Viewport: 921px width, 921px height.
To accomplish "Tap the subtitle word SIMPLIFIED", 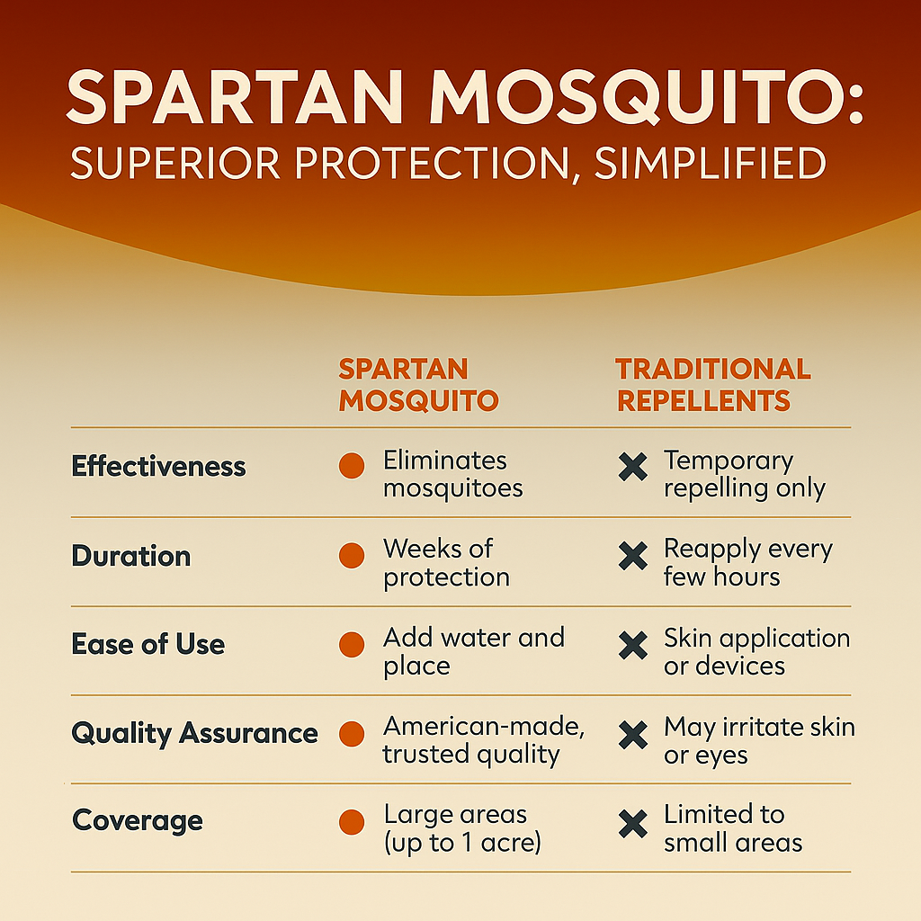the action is click(x=711, y=163).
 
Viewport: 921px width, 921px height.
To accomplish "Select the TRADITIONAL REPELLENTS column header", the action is click(x=713, y=385).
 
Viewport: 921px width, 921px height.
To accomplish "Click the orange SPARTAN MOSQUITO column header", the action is click(x=418, y=385).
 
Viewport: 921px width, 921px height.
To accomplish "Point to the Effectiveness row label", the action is click(x=158, y=467).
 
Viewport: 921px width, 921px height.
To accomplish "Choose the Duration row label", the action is click(x=131, y=556).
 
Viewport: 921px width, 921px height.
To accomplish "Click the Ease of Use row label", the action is click(x=148, y=644).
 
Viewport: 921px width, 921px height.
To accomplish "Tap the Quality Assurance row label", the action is click(x=194, y=734).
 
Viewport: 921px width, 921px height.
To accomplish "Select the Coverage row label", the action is click(x=138, y=821).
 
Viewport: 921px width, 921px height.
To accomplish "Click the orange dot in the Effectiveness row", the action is click(x=352, y=466).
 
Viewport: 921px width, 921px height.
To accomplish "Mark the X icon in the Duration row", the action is click(x=633, y=556).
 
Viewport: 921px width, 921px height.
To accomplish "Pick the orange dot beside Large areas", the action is click(x=352, y=822).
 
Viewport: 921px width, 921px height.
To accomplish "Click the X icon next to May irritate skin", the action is click(x=633, y=735).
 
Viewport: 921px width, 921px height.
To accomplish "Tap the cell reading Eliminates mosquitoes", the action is click(x=453, y=474).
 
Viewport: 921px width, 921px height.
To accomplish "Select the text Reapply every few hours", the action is click(x=748, y=563).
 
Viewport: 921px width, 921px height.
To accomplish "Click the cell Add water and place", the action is click(x=473, y=651).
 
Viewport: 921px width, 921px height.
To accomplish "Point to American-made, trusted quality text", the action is click(x=483, y=741).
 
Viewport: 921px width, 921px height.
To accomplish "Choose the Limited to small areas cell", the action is click(x=733, y=828).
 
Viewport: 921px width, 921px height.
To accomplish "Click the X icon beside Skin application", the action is click(x=633, y=646).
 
